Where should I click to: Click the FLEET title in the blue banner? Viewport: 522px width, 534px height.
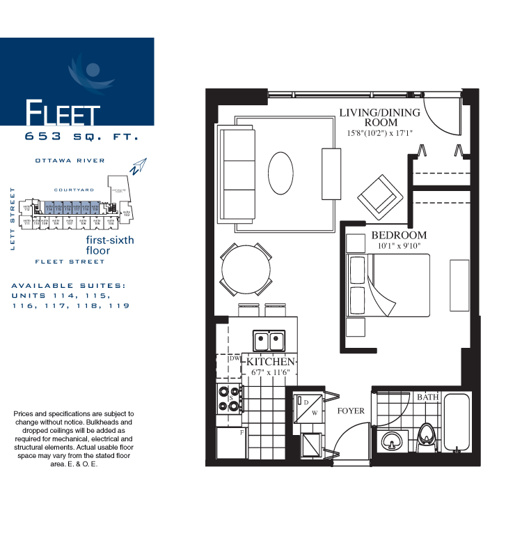click(x=63, y=112)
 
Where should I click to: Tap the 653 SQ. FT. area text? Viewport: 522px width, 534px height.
click(x=81, y=137)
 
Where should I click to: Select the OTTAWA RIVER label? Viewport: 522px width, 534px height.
click(x=70, y=160)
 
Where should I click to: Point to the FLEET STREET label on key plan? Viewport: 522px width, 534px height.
click(x=70, y=261)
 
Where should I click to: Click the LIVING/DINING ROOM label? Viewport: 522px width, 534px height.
click(x=379, y=118)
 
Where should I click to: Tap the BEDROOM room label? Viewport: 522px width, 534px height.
click(x=399, y=235)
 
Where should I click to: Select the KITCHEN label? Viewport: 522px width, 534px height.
click(x=271, y=362)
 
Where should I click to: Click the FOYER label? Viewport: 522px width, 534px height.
click(x=351, y=411)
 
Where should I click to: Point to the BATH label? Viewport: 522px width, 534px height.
click(x=427, y=397)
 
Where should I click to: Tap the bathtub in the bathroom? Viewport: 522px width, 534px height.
click(x=457, y=425)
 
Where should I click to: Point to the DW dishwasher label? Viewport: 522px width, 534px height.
click(x=234, y=358)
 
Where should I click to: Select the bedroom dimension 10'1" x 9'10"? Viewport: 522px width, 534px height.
click(x=399, y=246)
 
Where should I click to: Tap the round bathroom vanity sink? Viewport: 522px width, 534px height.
click(x=390, y=442)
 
